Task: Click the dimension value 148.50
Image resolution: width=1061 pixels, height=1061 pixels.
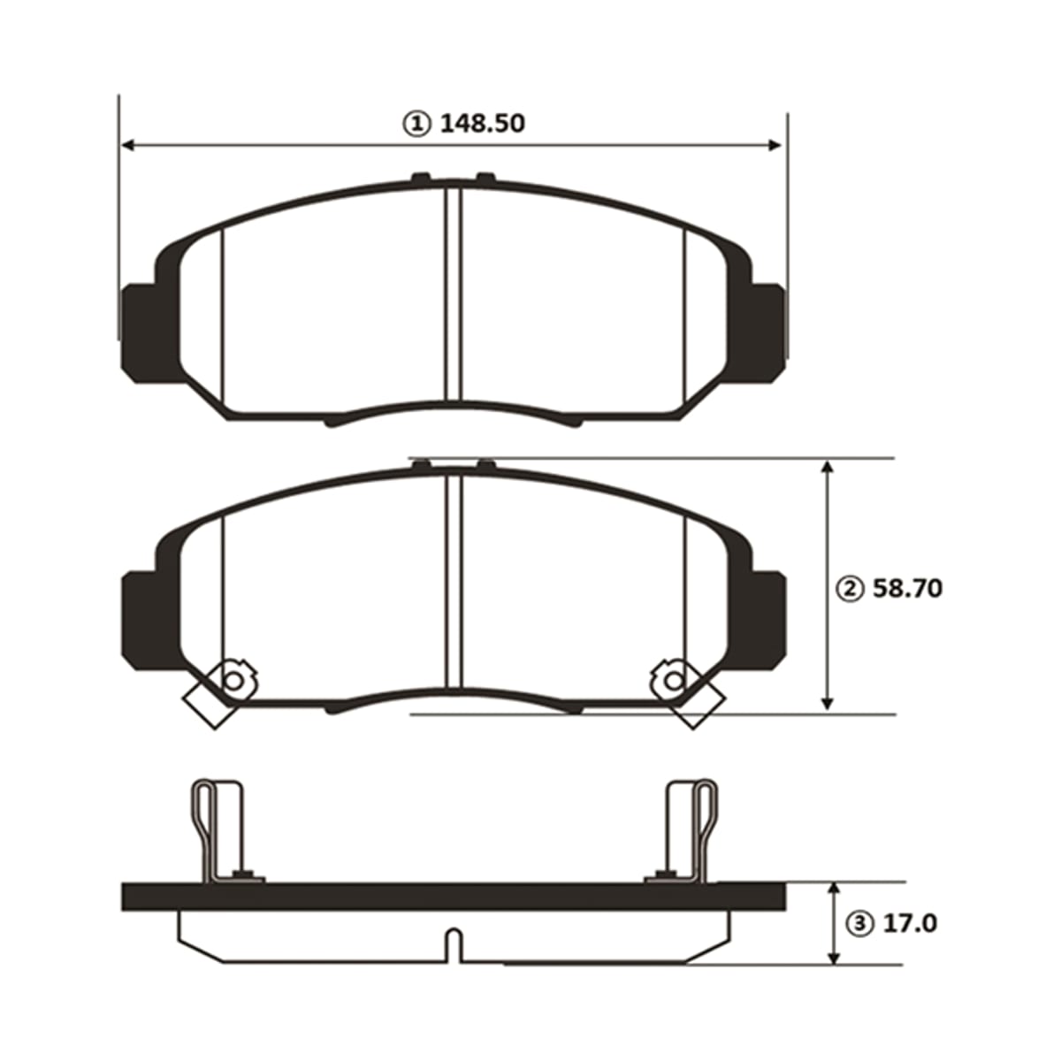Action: click(483, 124)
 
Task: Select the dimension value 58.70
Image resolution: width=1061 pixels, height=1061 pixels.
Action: click(907, 589)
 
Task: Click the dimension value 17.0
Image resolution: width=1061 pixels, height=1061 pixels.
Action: click(910, 923)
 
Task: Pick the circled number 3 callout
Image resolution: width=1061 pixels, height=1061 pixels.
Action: click(861, 924)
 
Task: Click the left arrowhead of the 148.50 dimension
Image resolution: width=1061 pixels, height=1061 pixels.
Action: click(127, 145)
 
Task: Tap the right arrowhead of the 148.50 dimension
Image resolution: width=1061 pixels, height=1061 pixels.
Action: click(775, 145)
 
